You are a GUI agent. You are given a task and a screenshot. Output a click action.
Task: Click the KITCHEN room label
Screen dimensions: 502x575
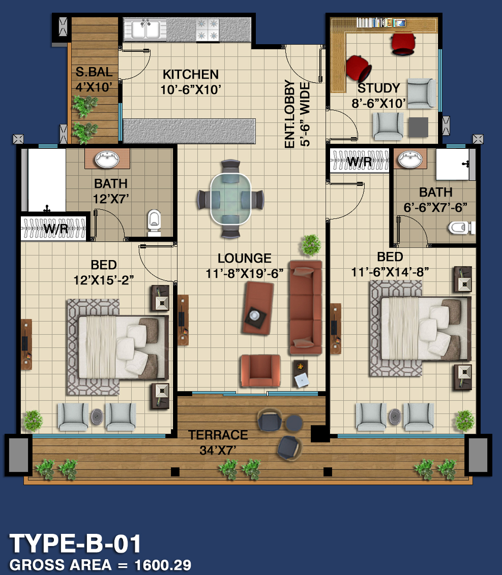(x=191, y=75)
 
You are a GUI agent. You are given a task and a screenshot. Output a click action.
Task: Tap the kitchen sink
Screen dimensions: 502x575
(x=146, y=29)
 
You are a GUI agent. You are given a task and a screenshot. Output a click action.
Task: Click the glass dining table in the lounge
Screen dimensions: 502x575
(x=230, y=199)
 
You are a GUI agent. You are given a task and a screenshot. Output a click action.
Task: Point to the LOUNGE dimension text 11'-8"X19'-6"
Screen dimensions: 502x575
(x=245, y=274)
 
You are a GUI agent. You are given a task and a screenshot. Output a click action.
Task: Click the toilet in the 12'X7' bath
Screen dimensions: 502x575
(x=154, y=222)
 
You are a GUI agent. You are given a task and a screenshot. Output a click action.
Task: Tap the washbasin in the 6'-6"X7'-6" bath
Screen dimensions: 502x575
(x=410, y=159)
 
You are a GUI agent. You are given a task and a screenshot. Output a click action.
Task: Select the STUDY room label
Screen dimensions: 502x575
(x=378, y=88)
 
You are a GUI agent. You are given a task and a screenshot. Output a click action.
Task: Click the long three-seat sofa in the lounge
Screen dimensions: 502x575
(x=306, y=307)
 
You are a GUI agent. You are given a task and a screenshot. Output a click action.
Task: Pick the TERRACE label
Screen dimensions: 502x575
(x=218, y=435)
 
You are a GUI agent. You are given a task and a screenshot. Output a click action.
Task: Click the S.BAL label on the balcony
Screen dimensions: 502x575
(x=94, y=72)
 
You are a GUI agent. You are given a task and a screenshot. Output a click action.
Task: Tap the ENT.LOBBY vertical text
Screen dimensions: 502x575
(x=289, y=114)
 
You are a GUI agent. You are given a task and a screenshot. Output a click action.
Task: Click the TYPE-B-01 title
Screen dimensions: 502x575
(x=75, y=544)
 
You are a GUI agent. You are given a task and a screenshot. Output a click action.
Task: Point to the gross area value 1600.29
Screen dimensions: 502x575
(x=163, y=565)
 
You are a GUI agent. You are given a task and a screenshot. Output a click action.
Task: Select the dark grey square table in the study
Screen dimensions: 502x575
(x=418, y=127)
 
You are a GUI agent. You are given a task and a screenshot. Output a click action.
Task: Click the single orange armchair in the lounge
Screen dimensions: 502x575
(x=260, y=371)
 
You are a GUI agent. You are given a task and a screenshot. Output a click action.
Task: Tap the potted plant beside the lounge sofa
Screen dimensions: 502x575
(x=311, y=245)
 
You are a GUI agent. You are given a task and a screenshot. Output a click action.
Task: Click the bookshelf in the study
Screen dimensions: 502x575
(x=381, y=23)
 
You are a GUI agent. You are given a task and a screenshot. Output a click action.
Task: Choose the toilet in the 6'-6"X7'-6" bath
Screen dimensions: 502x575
(x=461, y=228)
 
